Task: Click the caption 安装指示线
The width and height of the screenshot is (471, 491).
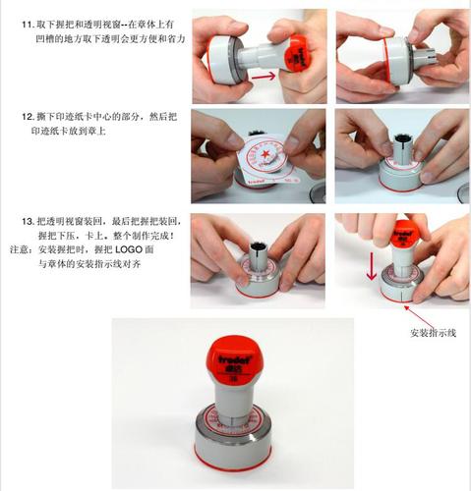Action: click(434, 333)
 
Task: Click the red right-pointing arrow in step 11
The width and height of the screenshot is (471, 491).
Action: click(263, 73)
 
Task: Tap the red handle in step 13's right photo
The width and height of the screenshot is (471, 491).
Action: click(404, 234)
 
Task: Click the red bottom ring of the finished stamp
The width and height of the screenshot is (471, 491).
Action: click(234, 458)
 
